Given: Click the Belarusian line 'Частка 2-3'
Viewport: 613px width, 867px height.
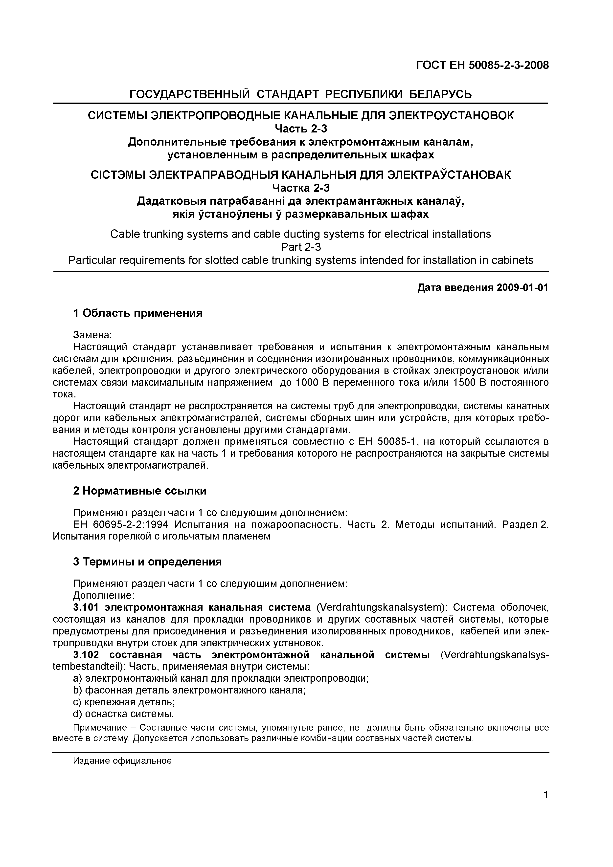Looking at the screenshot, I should coord(301,188).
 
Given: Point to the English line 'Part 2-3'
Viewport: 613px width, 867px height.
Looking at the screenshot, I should coord(301,247).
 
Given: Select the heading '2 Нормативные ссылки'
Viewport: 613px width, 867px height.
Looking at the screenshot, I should coord(139,491).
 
